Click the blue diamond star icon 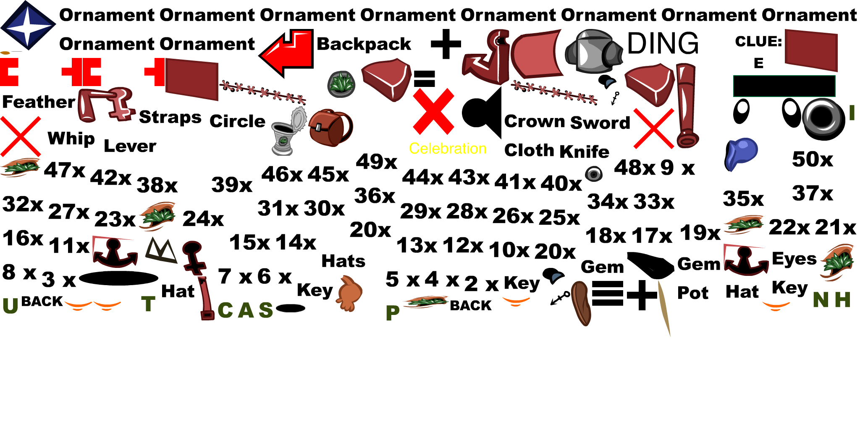(28, 25)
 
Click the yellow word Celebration (448, 149)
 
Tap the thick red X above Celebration (434, 111)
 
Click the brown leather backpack (330, 128)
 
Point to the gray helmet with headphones (593, 51)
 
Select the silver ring (821, 117)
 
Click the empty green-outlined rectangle (784, 86)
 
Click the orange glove (349, 294)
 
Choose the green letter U (10, 306)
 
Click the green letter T (148, 304)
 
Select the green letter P (392, 313)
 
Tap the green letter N (821, 300)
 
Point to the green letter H (842, 300)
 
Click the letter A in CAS (246, 311)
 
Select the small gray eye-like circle (594, 174)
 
